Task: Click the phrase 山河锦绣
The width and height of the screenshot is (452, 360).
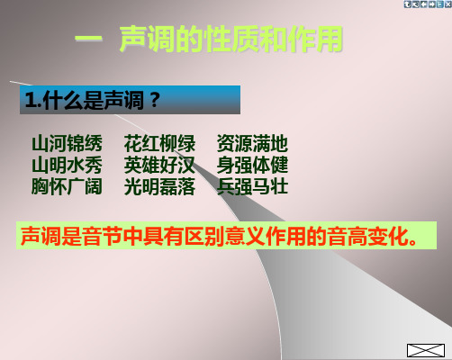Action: [x=67, y=143]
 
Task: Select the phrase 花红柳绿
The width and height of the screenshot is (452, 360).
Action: [x=159, y=143]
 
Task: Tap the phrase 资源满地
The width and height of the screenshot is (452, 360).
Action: [x=252, y=143]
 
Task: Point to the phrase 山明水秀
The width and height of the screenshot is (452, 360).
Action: [x=67, y=165]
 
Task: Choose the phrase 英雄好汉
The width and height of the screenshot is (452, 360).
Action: [x=159, y=165]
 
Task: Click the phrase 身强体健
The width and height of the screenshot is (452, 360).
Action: [x=252, y=165]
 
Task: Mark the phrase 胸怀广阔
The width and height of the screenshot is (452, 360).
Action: [x=67, y=186]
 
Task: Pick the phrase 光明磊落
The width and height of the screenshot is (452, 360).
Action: [x=159, y=186]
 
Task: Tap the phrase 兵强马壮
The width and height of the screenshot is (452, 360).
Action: [x=252, y=186]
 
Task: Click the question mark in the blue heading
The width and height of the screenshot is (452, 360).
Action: [x=155, y=100]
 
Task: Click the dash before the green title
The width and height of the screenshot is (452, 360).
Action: [x=88, y=39]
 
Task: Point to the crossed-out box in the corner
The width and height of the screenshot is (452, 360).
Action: [x=426, y=350]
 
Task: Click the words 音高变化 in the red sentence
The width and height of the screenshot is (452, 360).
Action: [x=367, y=237]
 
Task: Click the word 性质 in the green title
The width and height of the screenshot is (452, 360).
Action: [x=231, y=39]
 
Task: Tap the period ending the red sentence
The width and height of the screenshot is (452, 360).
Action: [x=413, y=242]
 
